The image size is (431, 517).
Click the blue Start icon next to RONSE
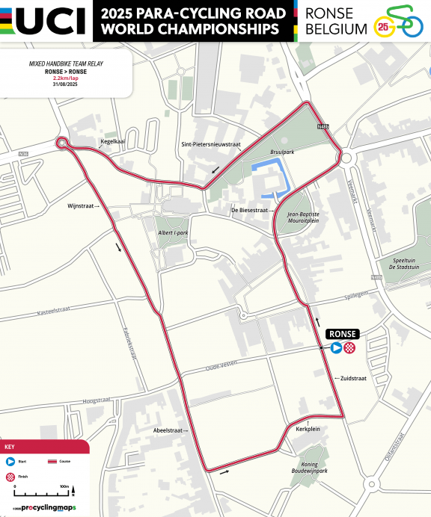pyautogui.click(x=337, y=347)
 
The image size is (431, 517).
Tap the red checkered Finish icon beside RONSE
pyautogui.click(x=349, y=347)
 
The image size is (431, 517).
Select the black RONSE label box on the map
pyautogui.click(x=343, y=334)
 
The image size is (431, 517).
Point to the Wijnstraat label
pyautogui.click(x=82, y=204)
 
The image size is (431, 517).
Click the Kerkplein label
pyautogui.click(x=308, y=430)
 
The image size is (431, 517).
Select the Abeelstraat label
pyautogui.click(x=168, y=430)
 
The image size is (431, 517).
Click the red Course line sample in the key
pyautogui.click(x=52, y=462)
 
